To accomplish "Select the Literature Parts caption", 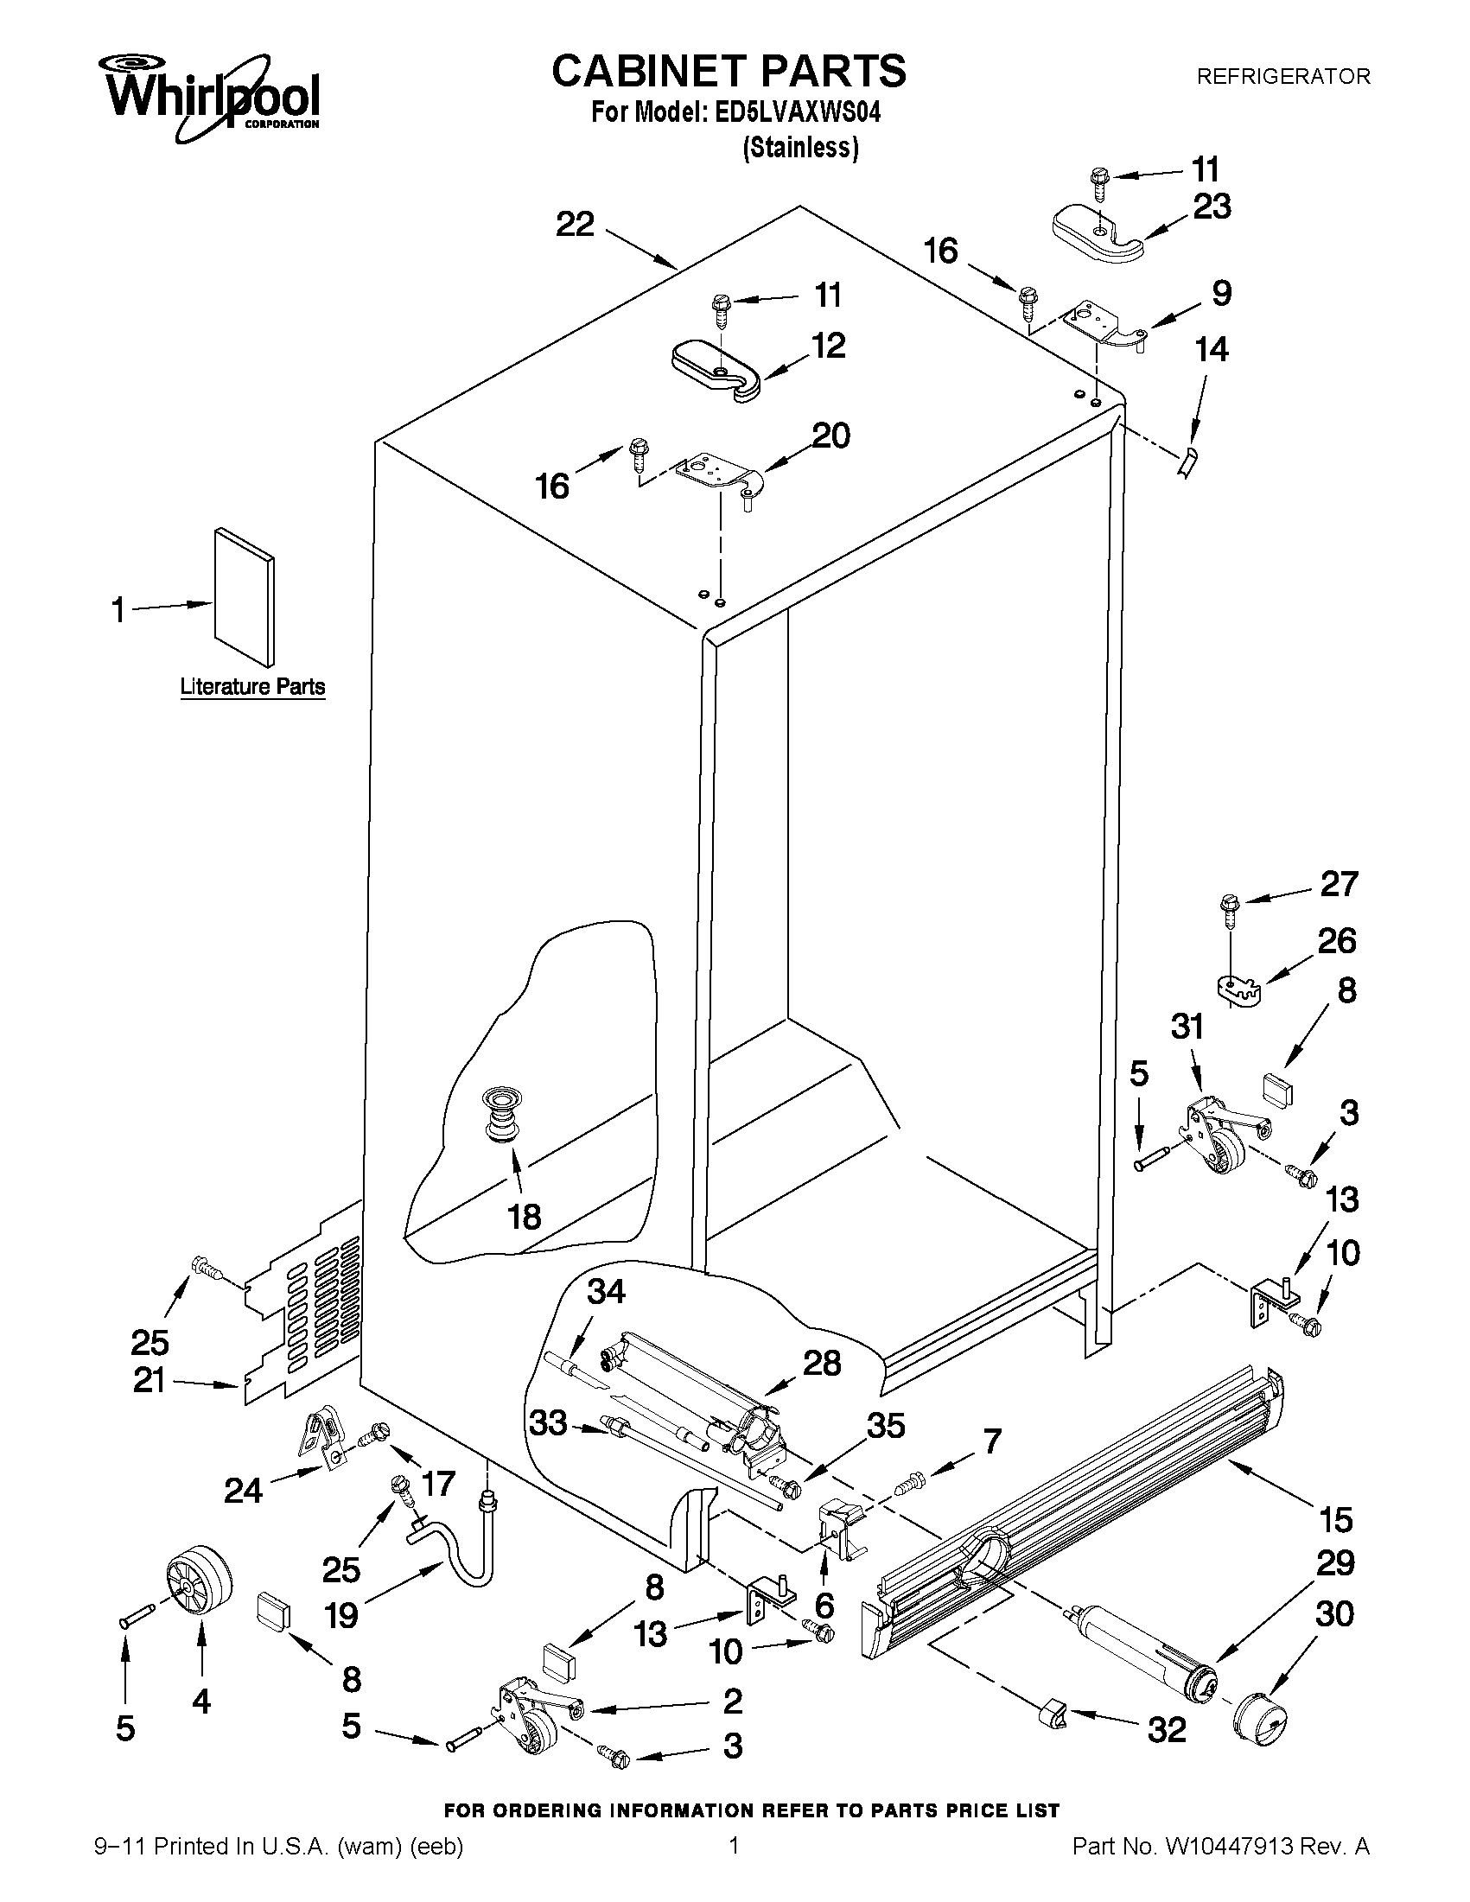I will [252, 686].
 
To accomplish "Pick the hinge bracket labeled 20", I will [718, 476].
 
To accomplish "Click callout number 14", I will [1212, 349].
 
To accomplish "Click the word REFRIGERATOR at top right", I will [1282, 77].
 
